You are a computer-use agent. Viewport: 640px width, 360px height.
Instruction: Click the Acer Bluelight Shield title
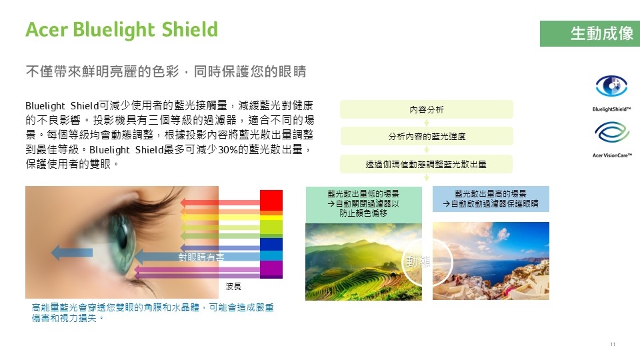tap(121, 30)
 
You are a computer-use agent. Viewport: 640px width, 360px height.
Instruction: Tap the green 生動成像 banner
tap(590, 33)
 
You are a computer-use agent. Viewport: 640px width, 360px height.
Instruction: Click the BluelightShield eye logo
tap(611, 86)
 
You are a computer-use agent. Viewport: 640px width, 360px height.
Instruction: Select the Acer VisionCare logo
tap(612, 132)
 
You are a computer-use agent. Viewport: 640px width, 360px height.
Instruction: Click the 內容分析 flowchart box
tap(427, 109)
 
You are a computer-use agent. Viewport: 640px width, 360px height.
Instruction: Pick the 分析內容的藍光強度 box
tap(427, 136)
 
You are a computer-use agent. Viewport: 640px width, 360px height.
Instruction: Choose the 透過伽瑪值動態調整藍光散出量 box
tap(426, 164)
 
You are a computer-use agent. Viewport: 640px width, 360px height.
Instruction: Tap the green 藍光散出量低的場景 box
tap(364, 205)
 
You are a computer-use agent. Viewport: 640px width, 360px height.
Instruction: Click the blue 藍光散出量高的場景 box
tap(491, 199)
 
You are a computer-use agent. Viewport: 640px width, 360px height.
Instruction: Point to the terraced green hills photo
tap(364, 261)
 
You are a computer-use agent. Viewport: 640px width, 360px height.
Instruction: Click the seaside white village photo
tap(491, 261)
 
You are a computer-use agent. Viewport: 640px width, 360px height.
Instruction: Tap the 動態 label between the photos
tap(418, 261)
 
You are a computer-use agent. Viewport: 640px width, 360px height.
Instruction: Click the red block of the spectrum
tap(271, 200)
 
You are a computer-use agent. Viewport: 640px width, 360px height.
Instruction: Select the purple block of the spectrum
tap(271, 269)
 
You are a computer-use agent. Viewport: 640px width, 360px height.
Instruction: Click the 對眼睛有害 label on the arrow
tap(201, 257)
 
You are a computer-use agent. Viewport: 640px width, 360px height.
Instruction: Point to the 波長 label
tap(233, 287)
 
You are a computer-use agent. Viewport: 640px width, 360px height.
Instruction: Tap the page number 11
tap(613, 344)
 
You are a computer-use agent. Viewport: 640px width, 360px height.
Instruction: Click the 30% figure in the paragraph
tap(228, 150)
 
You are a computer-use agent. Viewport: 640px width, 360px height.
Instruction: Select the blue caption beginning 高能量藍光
tap(153, 313)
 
